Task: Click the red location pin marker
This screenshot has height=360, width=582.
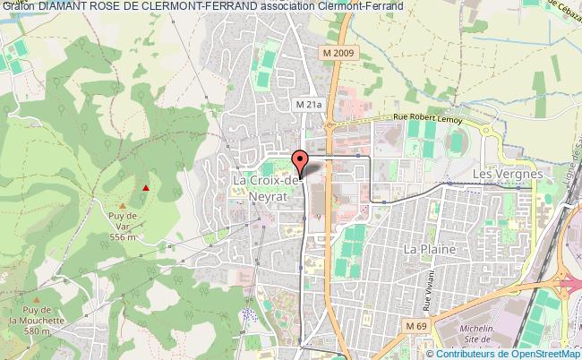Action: pyautogui.click(x=301, y=161)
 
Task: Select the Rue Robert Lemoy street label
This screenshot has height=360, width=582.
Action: pyautogui.click(x=428, y=117)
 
